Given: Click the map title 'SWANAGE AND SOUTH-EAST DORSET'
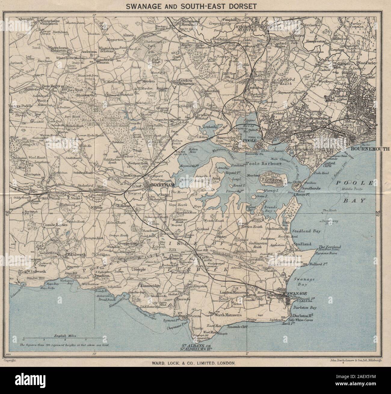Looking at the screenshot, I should pos(196,6).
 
